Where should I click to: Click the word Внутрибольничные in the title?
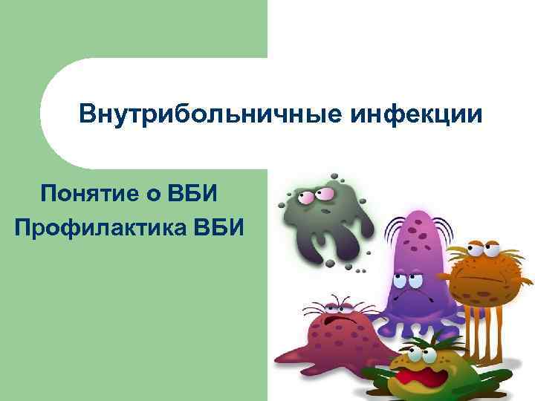(x=200, y=116)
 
